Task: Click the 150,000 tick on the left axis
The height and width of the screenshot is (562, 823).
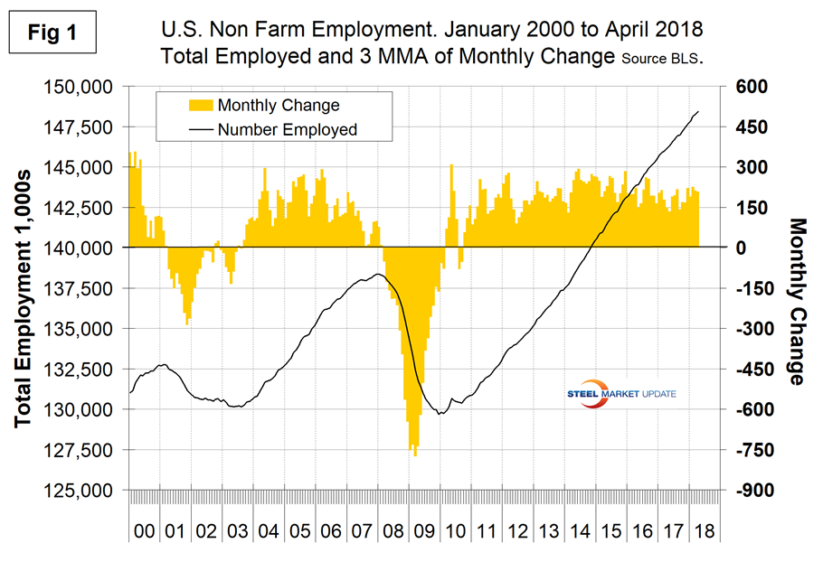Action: click(87, 87)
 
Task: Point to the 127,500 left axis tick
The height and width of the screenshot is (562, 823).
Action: click(87, 450)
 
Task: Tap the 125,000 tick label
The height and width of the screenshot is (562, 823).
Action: click(87, 491)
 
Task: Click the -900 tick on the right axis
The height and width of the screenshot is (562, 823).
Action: click(752, 491)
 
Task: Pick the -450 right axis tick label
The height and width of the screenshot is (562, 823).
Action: click(752, 370)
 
